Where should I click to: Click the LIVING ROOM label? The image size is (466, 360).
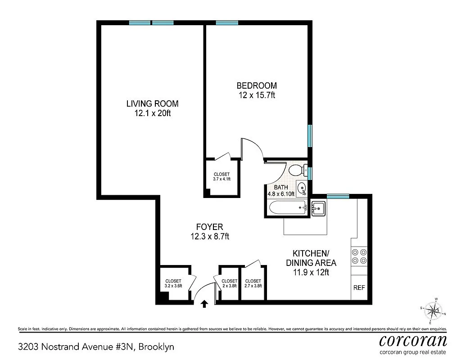tap(152, 103)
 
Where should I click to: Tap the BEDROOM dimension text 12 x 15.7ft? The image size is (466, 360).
tap(256, 95)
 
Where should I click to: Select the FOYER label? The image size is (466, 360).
tap(209, 227)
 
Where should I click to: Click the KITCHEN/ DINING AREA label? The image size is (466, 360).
tap(311, 258)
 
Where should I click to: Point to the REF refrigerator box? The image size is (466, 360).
tap(359, 288)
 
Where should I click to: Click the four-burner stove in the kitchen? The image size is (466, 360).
tap(359, 256)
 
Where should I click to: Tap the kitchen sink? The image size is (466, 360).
tap(318, 208)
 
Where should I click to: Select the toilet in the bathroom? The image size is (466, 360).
tap(298, 170)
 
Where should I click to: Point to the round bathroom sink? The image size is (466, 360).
tap(302, 187)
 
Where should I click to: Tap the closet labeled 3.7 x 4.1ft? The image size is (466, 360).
tap(222, 176)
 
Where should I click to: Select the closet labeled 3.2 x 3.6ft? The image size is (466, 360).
tap(173, 283)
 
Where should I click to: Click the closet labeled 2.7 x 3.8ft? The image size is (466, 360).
tap(253, 283)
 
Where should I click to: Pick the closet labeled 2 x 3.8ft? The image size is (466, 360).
tap(229, 283)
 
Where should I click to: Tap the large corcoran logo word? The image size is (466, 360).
tap(413, 340)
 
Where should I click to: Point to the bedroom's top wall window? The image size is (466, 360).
tap(227, 23)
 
